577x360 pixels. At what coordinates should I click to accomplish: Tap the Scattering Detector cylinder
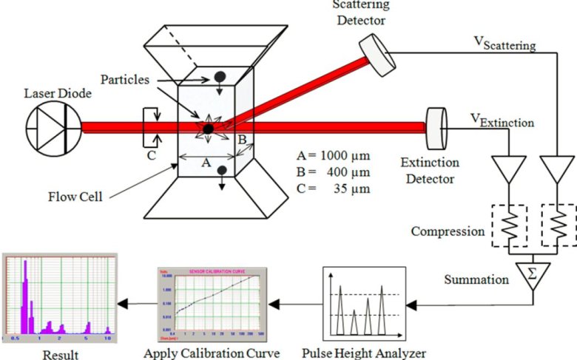point(375,55)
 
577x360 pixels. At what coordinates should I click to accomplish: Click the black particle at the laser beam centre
point(209,129)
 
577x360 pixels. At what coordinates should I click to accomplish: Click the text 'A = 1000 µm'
point(332,156)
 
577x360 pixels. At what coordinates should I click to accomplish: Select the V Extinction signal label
point(499,118)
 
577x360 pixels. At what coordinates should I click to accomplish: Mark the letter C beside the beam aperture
point(150,156)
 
